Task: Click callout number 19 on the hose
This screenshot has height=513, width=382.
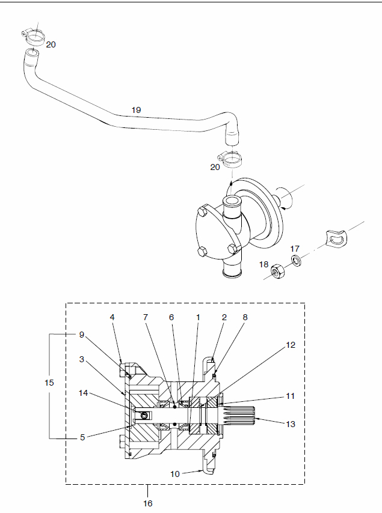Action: pyautogui.click(x=137, y=110)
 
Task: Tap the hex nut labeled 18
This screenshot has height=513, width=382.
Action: pyautogui.click(x=278, y=272)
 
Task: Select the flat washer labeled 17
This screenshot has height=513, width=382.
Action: pyautogui.click(x=297, y=261)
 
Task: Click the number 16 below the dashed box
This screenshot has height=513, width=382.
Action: pyautogui.click(x=148, y=503)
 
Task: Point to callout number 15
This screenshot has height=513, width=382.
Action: pyautogui.click(x=49, y=383)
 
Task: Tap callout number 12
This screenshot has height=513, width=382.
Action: pyautogui.click(x=291, y=345)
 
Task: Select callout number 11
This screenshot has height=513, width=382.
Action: pyautogui.click(x=291, y=396)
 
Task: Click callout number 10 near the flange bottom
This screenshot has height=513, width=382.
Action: pyautogui.click(x=175, y=474)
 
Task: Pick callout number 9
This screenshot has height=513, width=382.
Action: pyautogui.click(x=82, y=335)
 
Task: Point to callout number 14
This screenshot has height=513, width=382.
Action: pyautogui.click(x=83, y=393)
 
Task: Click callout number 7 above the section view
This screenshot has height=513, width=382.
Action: pyautogui.click(x=146, y=317)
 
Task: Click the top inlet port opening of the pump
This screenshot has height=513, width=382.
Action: pyautogui.click(x=232, y=200)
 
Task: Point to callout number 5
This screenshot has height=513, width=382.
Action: pyautogui.click(x=82, y=437)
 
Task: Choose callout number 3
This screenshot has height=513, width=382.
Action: pyautogui.click(x=82, y=359)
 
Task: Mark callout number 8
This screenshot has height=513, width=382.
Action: pyautogui.click(x=245, y=317)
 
